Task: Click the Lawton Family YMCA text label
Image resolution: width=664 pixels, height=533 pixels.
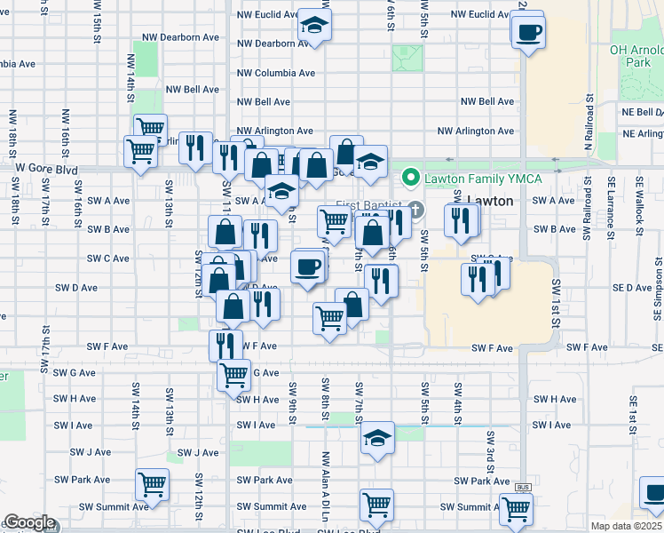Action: coord(469,178)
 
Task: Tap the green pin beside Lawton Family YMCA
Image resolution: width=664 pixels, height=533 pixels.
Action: coord(411,178)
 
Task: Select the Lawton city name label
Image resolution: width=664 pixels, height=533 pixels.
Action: coord(489,201)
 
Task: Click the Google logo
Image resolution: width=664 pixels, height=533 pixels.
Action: coord(29,523)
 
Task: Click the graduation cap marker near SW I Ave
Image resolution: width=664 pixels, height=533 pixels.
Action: coord(377,438)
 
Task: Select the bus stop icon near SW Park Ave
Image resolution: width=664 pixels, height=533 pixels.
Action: coord(524,488)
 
